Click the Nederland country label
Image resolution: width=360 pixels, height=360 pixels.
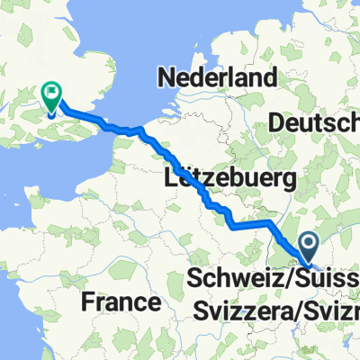216,78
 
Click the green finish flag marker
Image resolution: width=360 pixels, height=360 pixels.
51,94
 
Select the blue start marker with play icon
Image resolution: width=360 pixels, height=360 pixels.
309,245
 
